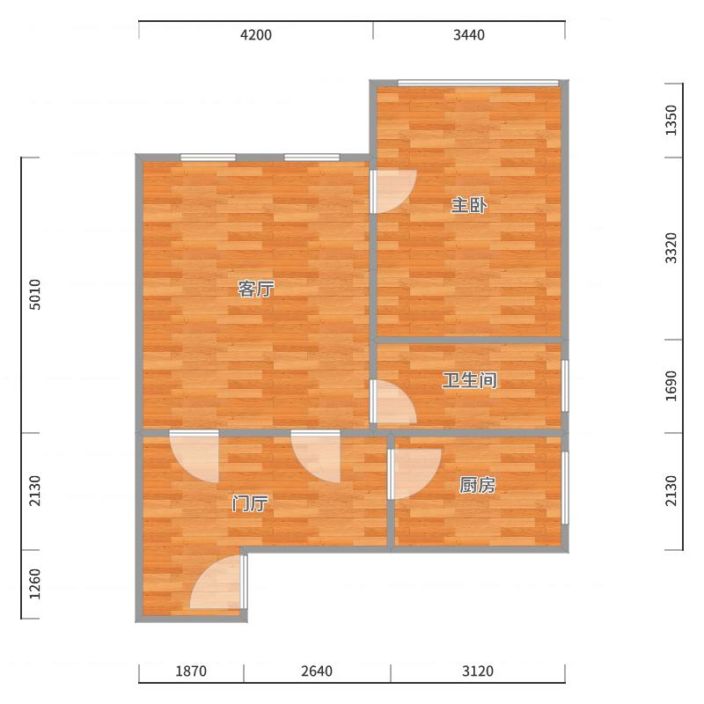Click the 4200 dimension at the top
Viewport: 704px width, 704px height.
pyautogui.click(x=256, y=35)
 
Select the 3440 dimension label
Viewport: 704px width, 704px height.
pyautogui.click(x=469, y=35)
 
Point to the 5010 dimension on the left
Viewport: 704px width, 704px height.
pyautogui.click(x=34, y=295)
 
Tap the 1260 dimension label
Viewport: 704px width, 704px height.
pyautogui.click(x=34, y=583)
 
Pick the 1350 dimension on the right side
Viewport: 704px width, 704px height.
pyautogui.click(x=671, y=120)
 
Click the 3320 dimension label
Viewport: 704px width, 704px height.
pyautogui.click(x=671, y=248)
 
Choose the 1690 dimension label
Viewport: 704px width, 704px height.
pyautogui.click(x=671, y=386)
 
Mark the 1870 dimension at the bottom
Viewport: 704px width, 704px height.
pyautogui.click(x=191, y=671)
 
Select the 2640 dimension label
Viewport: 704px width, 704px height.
pyautogui.click(x=317, y=671)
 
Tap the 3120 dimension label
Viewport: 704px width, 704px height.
pyautogui.click(x=478, y=671)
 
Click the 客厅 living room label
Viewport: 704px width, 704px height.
pyautogui.click(x=256, y=289)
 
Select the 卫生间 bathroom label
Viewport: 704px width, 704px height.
pyautogui.click(x=470, y=380)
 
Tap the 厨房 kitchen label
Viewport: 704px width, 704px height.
pyautogui.click(x=477, y=486)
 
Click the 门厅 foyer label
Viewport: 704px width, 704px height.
pyautogui.click(x=250, y=503)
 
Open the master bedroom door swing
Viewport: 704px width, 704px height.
pyautogui.click(x=393, y=192)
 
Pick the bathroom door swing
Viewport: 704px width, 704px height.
pyautogui.click(x=393, y=402)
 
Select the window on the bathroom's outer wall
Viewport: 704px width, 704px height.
pyautogui.click(x=565, y=385)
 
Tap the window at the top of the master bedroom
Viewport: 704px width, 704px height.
pyautogui.click(x=478, y=83)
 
